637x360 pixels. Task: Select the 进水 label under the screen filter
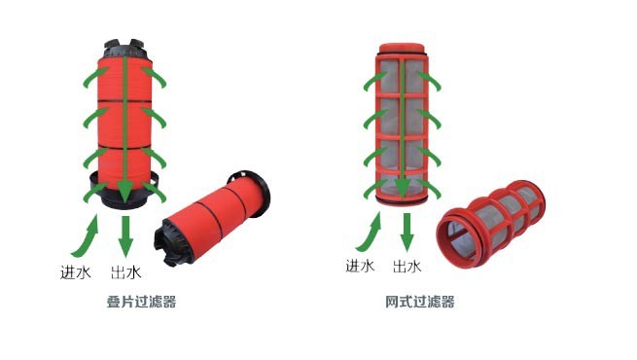360,265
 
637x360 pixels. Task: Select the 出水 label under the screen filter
407,265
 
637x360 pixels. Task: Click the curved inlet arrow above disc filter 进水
86,234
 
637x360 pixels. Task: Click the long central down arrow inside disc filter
125,126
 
